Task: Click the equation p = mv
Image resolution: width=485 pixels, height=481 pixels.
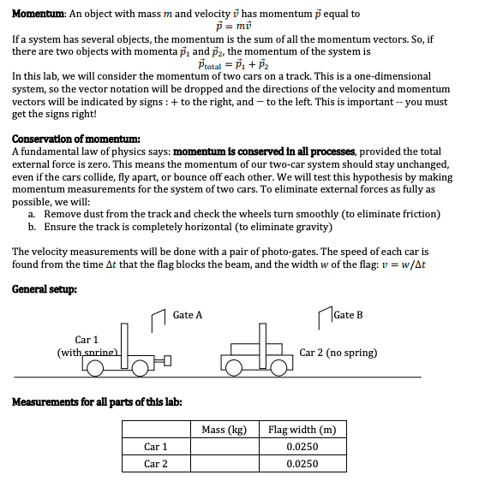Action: tap(242, 27)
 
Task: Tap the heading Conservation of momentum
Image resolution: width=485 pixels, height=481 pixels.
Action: tap(77, 140)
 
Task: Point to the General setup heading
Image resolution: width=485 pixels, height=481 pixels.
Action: tap(45, 288)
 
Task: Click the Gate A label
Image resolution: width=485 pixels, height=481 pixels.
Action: tap(187, 315)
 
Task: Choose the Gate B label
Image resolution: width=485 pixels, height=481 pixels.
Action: tap(348, 315)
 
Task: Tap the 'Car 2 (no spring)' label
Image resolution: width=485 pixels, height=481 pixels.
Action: tap(338, 353)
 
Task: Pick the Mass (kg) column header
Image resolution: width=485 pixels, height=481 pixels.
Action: tap(224, 430)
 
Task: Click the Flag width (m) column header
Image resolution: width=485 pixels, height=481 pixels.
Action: tap(302, 430)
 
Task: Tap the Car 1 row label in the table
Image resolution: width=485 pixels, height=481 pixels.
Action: tap(155, 447)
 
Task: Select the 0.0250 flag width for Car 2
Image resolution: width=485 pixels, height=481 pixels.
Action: tap(302, 464)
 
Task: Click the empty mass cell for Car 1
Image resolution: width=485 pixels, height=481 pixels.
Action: tap(224, 447)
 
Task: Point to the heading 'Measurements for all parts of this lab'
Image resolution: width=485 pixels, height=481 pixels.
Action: tap(96, 402)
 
